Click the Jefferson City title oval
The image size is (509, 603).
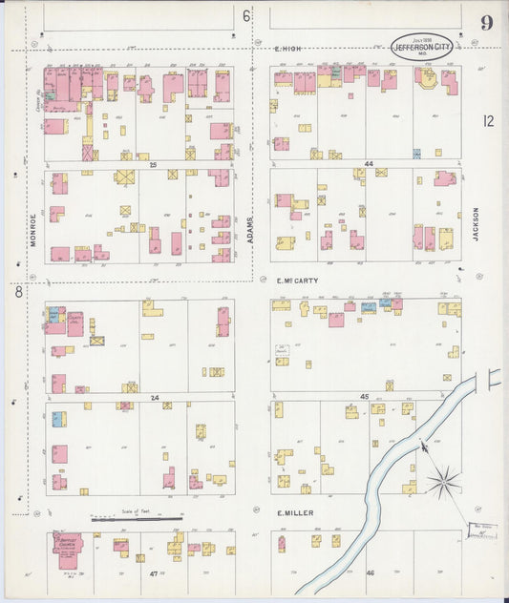pyautogui.click(x=421, y=45)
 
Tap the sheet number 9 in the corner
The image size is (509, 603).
pyautogui.click(x=486, y=23)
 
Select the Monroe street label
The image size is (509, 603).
pyautogui.click(x=32, y=229)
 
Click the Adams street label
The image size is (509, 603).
pyautogui.click(x=251, y=227)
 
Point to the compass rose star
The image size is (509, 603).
pyautogui.click(x=443, y=482)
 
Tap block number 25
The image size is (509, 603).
pyautogui.click(x=152, y=164)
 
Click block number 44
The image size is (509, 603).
pyautogui.click(x=367, y=164)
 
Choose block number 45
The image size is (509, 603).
pyautogui.click(x=364, y=396)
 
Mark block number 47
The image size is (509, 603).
pyautogui.click(x=153, y=572)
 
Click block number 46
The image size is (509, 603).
pyautogui.click(x=371, y=572)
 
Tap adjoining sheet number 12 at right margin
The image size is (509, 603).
pyautogui.click(x=488, y=120)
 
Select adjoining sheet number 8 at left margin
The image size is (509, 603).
pyautogui.click(x=17, y=292)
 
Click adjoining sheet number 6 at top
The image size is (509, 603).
pyautogui.click(x=245, y=15)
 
